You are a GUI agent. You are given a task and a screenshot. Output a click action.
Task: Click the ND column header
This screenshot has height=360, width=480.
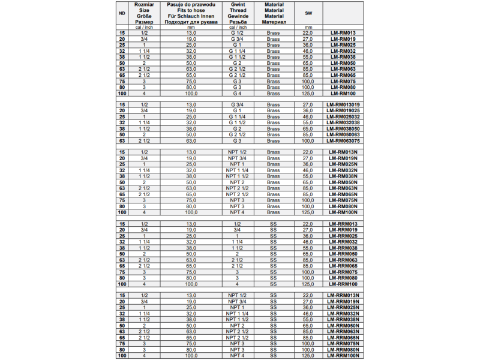click(x=122, y=13)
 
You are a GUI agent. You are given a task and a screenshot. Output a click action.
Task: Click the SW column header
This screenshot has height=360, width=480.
click(x=308, y=13)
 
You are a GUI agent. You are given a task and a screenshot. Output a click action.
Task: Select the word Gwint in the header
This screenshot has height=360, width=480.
click(x=238, y=4)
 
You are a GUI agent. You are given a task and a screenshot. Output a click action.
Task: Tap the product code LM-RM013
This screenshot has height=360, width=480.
click(x=343, y=32)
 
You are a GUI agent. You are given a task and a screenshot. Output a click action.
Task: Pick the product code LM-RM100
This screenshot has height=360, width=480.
click(x=343, y=94)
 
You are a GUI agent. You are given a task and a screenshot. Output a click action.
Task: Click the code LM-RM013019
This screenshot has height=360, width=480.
click(x=343, y=104)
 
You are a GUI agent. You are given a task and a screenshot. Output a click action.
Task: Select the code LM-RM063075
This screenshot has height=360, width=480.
click(x=343, y=141)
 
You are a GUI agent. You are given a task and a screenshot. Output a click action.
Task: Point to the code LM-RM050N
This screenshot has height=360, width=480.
click(x=343, y=182)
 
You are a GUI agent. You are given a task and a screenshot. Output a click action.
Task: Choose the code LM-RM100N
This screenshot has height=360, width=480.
click(x=343, y=212)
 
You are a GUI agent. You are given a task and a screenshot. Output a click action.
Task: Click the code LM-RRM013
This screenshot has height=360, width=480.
click(x=343, y=223)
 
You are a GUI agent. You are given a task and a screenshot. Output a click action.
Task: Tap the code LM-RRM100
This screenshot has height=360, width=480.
click(x=343, y=284)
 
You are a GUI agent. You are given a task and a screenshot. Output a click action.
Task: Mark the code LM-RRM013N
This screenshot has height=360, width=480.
click(x=343, y=295)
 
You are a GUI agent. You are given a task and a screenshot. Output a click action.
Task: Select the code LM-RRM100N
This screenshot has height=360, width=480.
click(x=343, y=356)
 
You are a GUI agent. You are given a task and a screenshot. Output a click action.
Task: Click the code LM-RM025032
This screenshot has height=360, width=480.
click(x=343, y=117)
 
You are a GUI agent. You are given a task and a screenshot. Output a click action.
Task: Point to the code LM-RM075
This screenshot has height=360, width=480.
click(x=343, y=82)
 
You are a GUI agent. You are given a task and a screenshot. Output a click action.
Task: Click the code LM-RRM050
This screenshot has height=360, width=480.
click(x=343, y=254)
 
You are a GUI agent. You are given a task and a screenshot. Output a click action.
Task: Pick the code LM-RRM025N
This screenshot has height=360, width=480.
click(x=343, y=307)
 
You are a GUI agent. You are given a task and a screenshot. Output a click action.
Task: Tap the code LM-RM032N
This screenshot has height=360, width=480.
click(x=343, y=170)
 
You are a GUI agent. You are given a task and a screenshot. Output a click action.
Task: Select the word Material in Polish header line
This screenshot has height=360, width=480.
click(x=274, y=4)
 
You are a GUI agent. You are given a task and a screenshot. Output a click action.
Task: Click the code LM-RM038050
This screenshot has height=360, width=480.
click(x=343, y=129)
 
